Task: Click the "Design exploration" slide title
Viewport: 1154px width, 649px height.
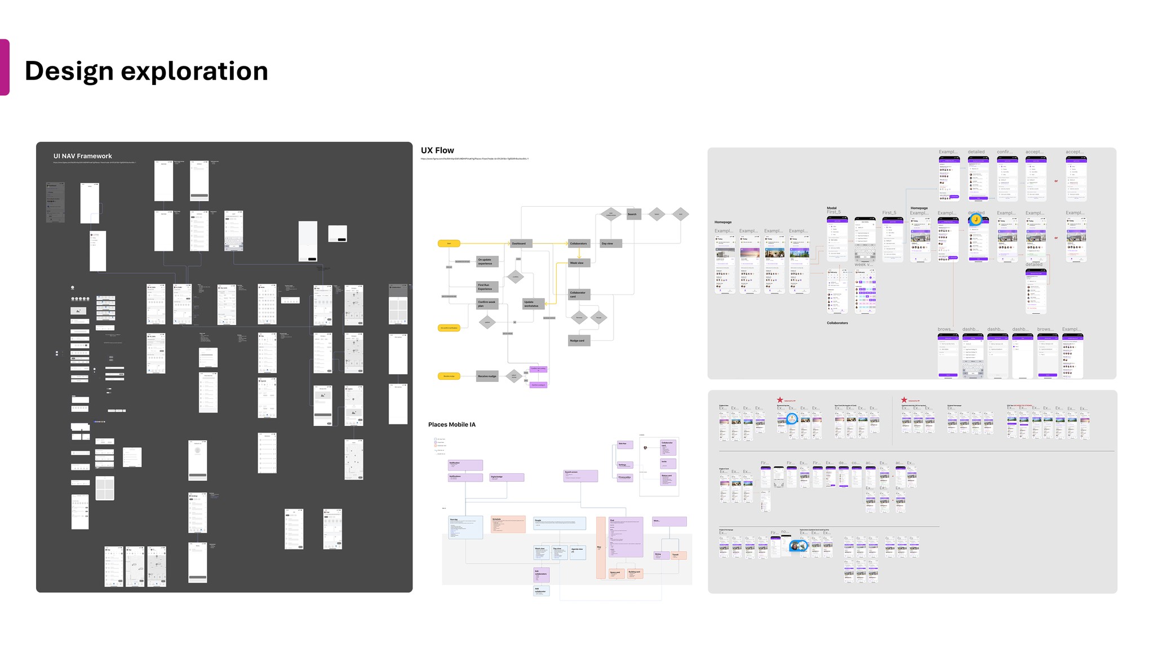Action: [146, 71]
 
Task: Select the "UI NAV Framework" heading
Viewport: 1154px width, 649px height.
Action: [82, 156]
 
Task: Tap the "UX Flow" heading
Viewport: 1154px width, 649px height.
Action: [437, 150]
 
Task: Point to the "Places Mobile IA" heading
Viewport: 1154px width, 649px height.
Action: [451, 425]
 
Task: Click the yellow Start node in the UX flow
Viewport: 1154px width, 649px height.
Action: [449, 243]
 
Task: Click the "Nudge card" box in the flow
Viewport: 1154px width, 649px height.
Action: [579, 341]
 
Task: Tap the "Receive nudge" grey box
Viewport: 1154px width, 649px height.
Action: [487, 376]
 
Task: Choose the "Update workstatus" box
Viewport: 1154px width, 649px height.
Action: [533, 304]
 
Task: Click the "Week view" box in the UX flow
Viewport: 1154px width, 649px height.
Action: [579, 263]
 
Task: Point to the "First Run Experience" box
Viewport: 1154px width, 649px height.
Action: [487, 287]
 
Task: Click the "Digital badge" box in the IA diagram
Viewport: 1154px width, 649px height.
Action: [507, 477]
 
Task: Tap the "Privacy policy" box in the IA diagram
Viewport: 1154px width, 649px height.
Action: [625, 477]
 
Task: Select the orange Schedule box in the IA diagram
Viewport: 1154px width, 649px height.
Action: [508, 524]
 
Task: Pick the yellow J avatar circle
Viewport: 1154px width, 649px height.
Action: [976, 220]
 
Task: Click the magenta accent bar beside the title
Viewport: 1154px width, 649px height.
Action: [5, 67]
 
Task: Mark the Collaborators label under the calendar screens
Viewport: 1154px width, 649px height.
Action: [837, 323]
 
